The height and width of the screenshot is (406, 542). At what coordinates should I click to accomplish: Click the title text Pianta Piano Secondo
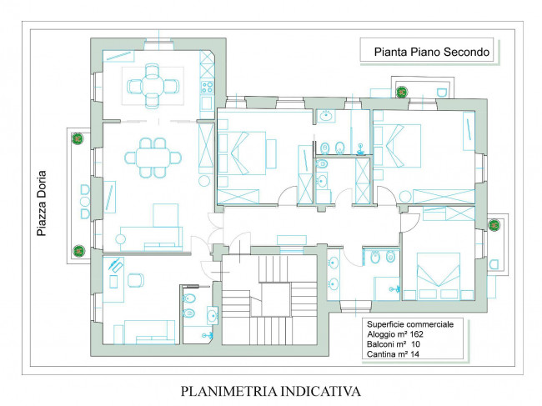click(432, 52)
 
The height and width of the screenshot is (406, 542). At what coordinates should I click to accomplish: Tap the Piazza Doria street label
click(42, 203)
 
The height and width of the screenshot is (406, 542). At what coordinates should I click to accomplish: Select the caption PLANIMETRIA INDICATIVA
click(271, 391)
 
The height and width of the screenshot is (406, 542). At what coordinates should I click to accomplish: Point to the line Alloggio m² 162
click(395, 334)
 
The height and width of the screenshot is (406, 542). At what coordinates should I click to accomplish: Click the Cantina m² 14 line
click(393, 353)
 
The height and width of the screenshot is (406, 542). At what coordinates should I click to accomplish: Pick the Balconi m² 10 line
click(394, 344)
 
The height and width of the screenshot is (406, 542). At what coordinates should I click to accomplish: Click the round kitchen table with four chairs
click(153, 86)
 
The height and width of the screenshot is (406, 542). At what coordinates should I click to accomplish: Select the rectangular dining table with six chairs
click(153, 158)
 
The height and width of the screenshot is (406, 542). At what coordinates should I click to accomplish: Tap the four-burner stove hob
click(207, 87)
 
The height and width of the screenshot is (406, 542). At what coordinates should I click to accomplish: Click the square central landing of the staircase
click(275, 299)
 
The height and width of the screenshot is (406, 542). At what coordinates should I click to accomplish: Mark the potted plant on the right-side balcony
click(494, 225)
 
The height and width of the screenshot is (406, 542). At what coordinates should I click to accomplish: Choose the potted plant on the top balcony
click(402, 92)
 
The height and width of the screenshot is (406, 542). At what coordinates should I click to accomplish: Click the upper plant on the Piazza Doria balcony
click(78, 138)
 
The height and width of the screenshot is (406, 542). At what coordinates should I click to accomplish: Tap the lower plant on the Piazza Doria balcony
click(79, 251)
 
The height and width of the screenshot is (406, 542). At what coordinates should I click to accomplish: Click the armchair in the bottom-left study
click(136, 280)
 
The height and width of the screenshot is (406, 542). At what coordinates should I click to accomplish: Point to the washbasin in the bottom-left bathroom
click(212, 315)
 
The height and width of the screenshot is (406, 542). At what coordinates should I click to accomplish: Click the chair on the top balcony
click(442, 93)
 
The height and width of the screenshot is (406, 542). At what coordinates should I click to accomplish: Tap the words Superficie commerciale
click(410, 324)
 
